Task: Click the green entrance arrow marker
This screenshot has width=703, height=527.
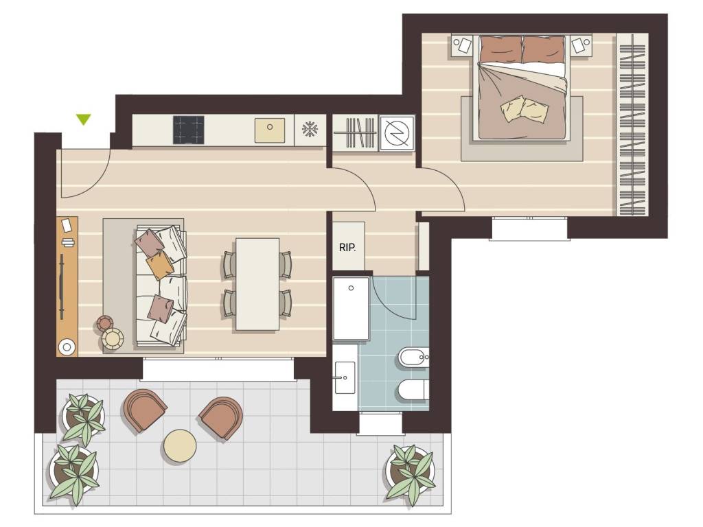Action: pyautogui.click(x=83, y=119)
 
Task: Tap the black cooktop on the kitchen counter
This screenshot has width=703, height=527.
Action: pyautogui.click(x=189, y=130)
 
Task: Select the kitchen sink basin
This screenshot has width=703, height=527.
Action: pyautogui.click(x=270, y=130)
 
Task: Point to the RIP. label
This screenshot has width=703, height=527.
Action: pyautogui.click(x=347, y=248)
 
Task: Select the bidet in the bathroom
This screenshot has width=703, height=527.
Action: pyautogui.click(x=413, y=357)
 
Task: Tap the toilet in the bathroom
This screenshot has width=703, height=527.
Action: pyautogui.click(x=413, y=390)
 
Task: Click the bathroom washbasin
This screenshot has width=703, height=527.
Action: pyautogui.click(x=345, y=377)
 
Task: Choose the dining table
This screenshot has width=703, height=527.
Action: pyautogui.click(x=257, y=285)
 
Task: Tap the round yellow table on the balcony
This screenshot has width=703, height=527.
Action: pyautogui.click(x=180, y=445)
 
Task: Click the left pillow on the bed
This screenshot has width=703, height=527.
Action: pyautogui.click(x=501, y=49)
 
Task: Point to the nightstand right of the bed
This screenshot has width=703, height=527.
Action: pyautogui.click(x=581, y=45)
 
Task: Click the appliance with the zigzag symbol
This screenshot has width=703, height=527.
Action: pyautogui.click(x=397, y=133)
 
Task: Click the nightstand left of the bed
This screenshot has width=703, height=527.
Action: pyautogui.click(x=462, y=45)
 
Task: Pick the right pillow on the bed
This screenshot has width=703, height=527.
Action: pyautogui.click(x=544, y=49)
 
